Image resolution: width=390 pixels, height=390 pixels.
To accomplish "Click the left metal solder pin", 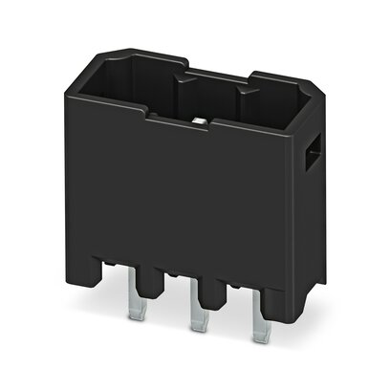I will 134,303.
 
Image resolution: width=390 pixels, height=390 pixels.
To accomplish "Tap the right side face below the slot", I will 308,229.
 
